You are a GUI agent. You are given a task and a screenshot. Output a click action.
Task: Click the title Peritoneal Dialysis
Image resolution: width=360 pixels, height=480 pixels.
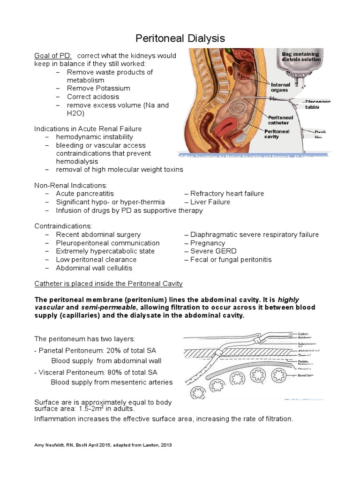(x=180, y=38)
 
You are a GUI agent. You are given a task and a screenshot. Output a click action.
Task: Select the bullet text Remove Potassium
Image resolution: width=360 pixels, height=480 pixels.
(x=98, y=88)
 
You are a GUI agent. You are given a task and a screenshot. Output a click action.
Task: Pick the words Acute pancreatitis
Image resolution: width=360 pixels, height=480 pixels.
(x=85, y=194)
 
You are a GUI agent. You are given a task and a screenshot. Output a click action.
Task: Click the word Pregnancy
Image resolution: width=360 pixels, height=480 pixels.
(x=208, y=243)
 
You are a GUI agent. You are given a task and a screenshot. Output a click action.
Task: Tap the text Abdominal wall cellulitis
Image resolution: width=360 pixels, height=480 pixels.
(x=94, y=268)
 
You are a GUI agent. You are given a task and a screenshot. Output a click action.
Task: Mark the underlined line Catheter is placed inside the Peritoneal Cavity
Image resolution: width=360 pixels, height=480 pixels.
(x=108, y=284)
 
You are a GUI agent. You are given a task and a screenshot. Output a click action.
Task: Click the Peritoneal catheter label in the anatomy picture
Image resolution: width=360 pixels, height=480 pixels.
(x=280, y=120)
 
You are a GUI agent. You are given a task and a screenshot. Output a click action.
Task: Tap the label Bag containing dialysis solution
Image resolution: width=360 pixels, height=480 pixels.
(x=301, y=57)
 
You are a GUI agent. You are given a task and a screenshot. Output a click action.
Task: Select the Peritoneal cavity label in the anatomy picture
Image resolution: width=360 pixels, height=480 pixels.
(x=278, y=135)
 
